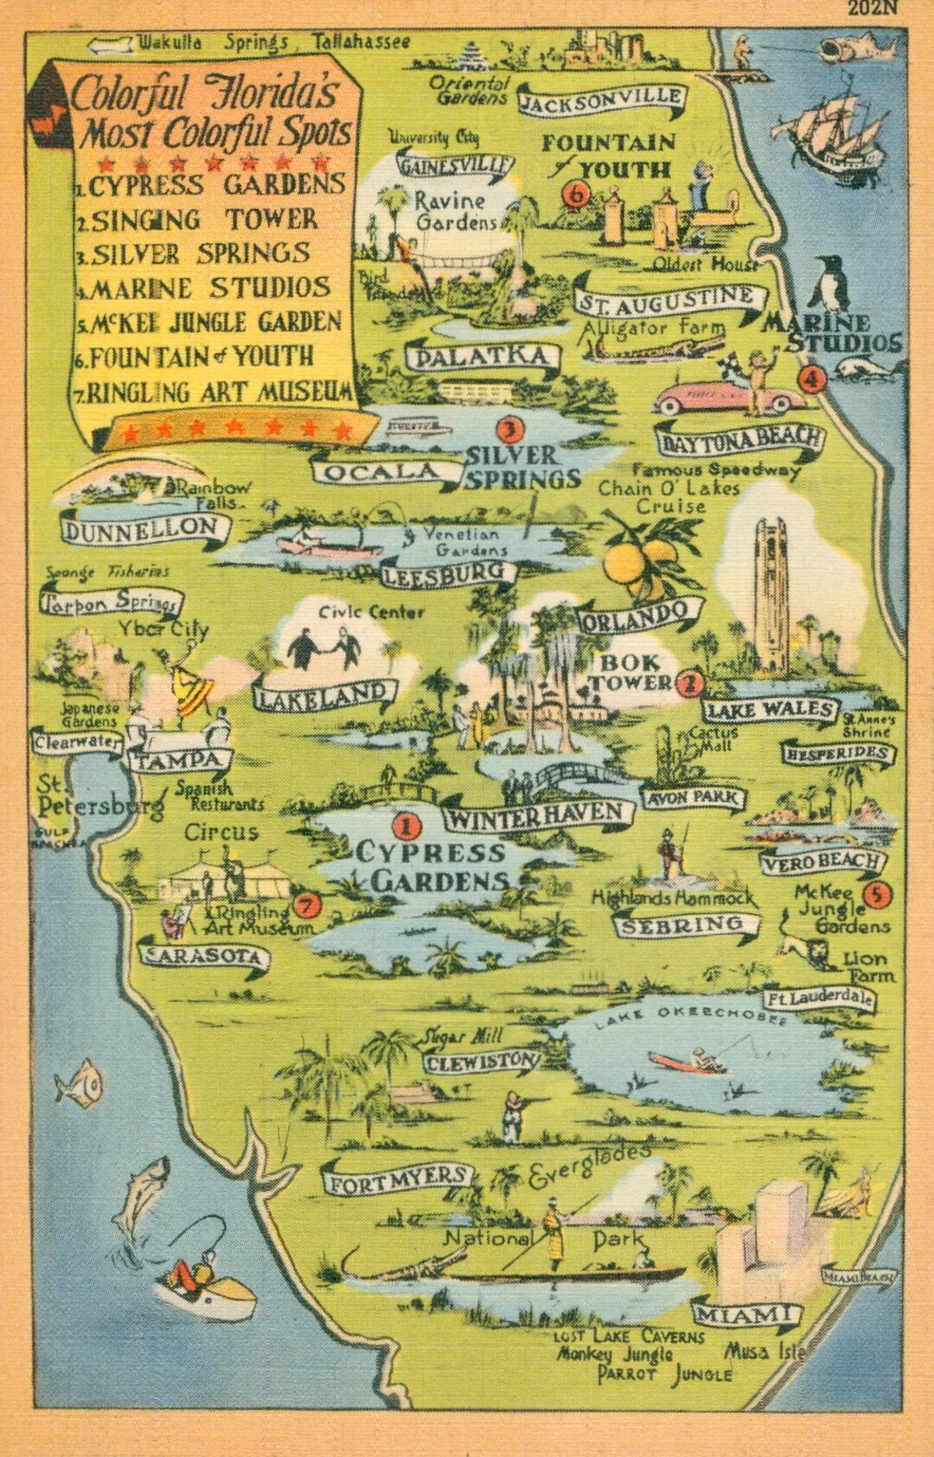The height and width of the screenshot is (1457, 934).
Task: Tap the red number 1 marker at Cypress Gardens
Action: click(406, 825)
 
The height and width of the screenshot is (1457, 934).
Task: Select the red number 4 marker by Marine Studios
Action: click(810, 379)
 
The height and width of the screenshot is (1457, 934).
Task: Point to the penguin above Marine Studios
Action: click(831, 285)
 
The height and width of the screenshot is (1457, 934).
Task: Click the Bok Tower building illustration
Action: click(772, 597)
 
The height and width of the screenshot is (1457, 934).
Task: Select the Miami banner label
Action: click(745, 1317)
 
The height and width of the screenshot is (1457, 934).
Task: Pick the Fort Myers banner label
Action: click(398, 1179)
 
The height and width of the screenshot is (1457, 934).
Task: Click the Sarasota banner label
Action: click(204, 957)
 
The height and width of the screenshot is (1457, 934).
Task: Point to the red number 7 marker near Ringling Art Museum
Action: click(307, 905)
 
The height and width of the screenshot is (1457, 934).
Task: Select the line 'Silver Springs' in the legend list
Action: click(201, 254)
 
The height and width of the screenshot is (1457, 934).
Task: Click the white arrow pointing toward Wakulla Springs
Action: click(110, 43)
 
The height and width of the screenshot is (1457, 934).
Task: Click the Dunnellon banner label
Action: click(142, 529)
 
